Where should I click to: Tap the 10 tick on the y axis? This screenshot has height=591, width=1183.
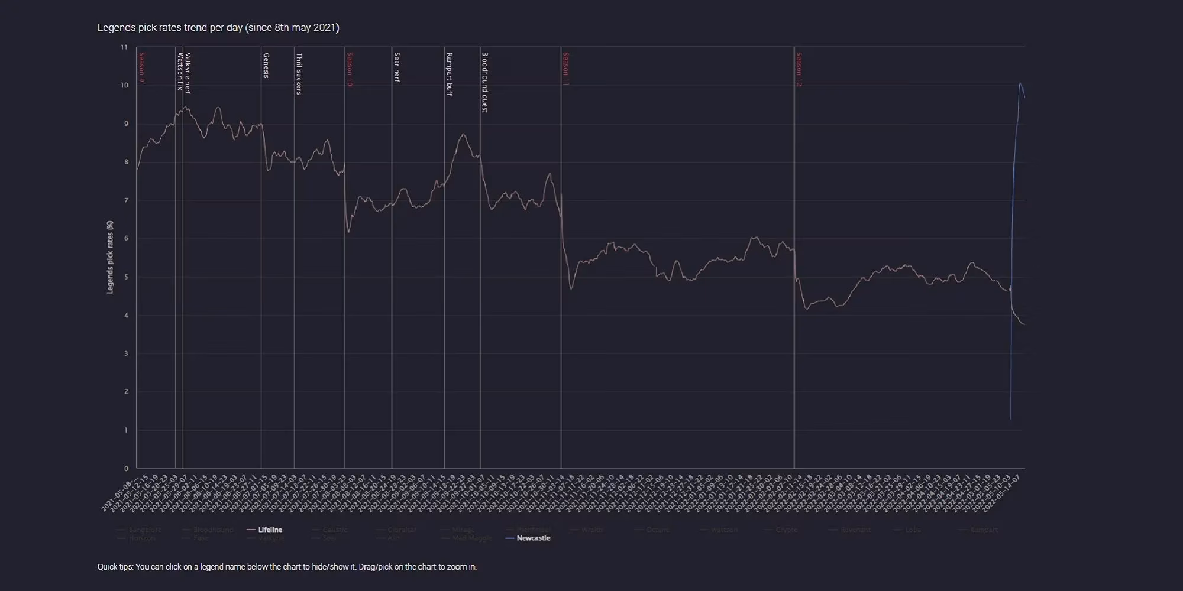click(x=124, y=85)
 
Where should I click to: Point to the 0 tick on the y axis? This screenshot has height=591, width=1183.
click(x=126, y=469)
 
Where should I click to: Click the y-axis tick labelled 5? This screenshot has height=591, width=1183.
click(x=126, y=277)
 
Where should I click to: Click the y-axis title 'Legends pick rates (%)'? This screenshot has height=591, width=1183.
click(x=110, y=257)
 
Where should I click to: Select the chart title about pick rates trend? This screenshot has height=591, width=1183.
click(x=218, y=28)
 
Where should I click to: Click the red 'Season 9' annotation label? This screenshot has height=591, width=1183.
click(x=142, y=67)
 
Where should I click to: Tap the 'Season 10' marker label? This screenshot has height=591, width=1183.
click(x=350, y=70)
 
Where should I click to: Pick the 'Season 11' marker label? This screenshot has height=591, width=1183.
click(x=565, y=69)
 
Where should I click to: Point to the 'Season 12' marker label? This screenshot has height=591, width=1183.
click(x=799, y=70)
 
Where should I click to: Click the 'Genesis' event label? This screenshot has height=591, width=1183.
click(x=266, y=66)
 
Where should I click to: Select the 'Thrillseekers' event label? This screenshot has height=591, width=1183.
click(x=299, y=74)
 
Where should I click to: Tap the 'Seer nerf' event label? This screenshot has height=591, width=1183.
click(x=397, y=67)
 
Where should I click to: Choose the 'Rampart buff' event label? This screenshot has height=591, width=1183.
click(x=449, y=74)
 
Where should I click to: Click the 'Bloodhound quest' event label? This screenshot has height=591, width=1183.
click(x=484, y=82)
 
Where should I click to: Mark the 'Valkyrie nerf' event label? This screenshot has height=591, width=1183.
click(x=188, y=73)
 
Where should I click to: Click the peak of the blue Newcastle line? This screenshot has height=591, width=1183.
click(x=1020, y=83)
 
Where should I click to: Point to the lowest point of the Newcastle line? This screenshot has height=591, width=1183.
click(x=1010, y=419)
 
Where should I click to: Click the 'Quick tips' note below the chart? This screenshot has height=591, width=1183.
click(x=287, y=567)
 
